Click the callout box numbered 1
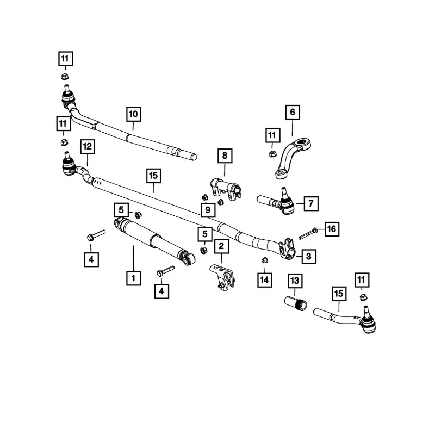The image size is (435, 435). tap(133, 278)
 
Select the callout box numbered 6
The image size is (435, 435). tap(292, 113)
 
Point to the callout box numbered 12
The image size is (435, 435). tap(87, 146)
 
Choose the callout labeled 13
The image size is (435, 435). tap(295, 281)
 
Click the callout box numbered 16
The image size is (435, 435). tap(331, 229)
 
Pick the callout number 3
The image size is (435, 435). tap(308, 256)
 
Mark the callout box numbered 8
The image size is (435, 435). tap(223, 156)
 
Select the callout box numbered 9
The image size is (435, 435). tap(207, 209)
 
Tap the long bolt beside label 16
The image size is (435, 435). tap(307, 234)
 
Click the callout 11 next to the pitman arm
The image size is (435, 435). tap(272, 134)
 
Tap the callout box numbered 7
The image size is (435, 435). tap(310, 204)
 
